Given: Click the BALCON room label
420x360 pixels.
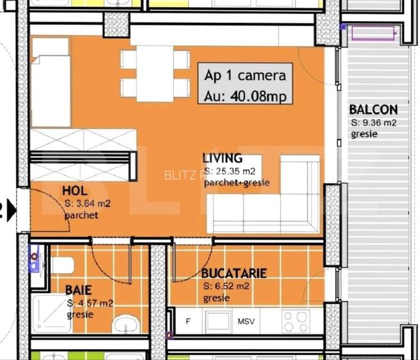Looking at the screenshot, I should (373, 110).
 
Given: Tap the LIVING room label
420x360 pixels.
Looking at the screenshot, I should (222, 158).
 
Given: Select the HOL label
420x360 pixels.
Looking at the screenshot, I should (75, 191).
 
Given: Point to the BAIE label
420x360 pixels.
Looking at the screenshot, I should (78, 290).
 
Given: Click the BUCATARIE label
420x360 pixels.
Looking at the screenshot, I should (234, 274).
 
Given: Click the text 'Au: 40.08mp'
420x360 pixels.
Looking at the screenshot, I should (245, 95).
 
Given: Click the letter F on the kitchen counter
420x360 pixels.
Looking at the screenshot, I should (188, 321).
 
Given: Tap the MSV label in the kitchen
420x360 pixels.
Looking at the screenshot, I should (245, 321).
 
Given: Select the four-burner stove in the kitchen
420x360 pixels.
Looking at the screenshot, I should (295, 320).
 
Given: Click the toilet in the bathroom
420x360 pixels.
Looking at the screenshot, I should (62, 265).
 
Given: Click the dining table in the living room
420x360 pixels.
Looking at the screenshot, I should (155, 74).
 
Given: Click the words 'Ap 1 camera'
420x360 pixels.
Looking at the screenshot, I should (245, 75).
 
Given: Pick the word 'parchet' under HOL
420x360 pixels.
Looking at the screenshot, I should (81, 215).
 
